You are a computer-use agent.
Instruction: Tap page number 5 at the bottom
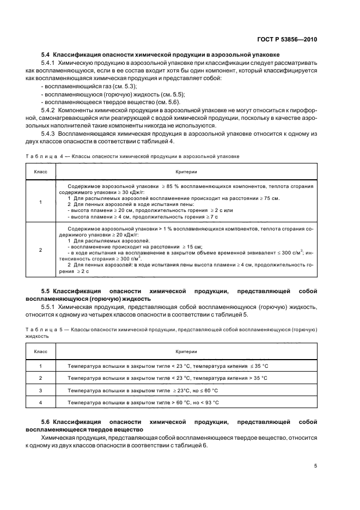pos(316,466)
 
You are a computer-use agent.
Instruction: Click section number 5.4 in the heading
pos(46,55)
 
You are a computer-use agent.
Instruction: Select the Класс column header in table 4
pos(40,172)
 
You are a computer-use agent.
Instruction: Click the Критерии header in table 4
pos(186,172)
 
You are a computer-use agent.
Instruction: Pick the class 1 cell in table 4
pos(40,202)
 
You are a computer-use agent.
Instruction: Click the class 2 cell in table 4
pos(40,250)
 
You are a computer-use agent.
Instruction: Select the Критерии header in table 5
pos(186,351)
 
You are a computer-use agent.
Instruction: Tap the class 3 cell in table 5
pos(40,391)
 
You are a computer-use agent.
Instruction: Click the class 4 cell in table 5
pos(40,403)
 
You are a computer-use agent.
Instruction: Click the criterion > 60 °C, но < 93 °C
pos(143,403)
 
